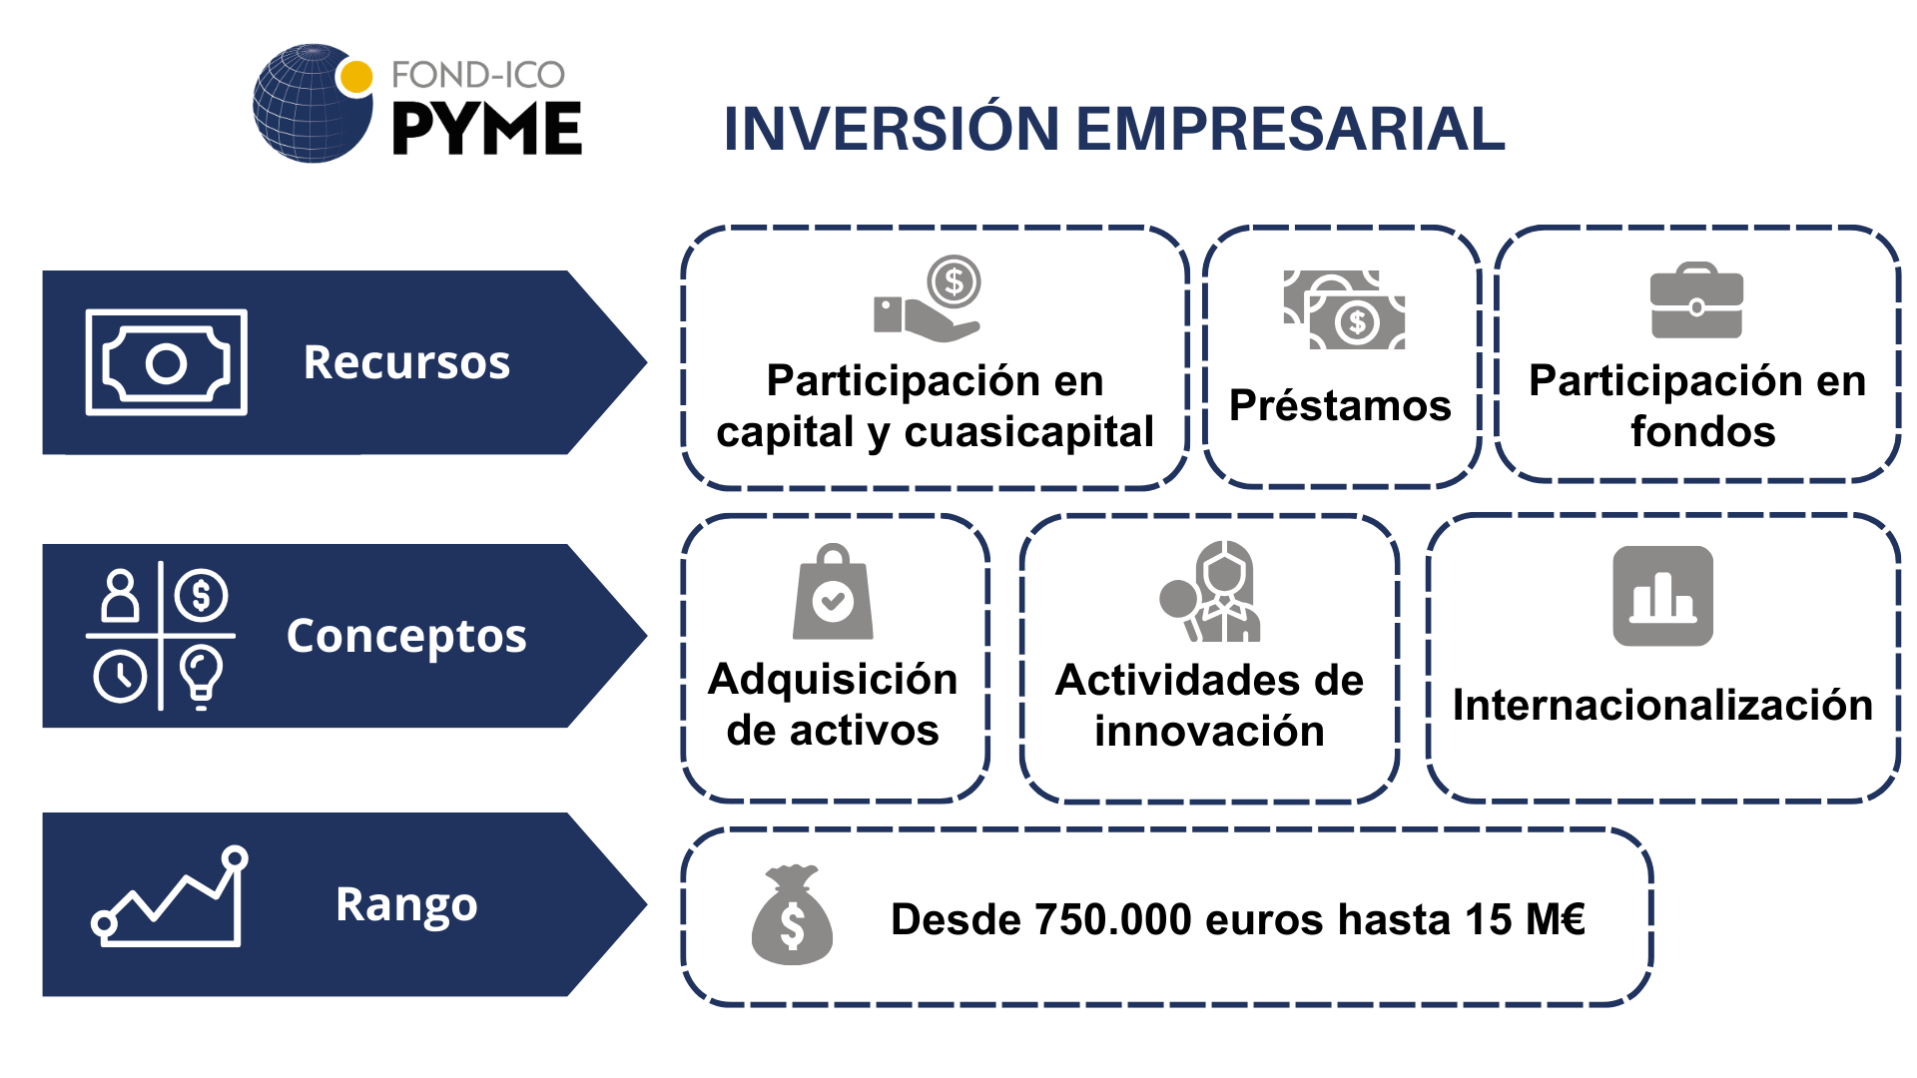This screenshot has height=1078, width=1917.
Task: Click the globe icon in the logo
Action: (x=312, y=104)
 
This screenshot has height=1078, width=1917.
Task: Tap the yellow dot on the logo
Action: (x=355, y=77)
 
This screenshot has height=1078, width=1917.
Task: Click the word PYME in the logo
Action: (x=486, y=129)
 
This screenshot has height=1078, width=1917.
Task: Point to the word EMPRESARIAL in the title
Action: (x=1290, y=129)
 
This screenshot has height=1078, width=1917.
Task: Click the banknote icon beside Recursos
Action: (x=167, y=362)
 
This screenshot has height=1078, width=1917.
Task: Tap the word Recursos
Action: (x=406, y=361)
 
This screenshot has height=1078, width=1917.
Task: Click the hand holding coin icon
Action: (x=928, y=298)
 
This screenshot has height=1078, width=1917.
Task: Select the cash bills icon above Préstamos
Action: (x=1344, y=309)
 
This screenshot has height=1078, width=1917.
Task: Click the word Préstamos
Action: (x=1340, y=405)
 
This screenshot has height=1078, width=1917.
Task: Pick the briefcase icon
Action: (x=1696, y=300)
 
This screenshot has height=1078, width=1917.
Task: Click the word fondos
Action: (x=1703, y=432)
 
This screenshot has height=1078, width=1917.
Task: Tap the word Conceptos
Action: (x=406, y=636)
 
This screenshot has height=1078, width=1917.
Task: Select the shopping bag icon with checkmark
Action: (x=833, y=592)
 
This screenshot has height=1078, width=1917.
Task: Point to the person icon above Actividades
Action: (x=1211, y=591)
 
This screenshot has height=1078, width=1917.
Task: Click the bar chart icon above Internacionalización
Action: (x=1662, y=596)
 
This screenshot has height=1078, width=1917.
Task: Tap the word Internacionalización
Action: (x=1662, y=705)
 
